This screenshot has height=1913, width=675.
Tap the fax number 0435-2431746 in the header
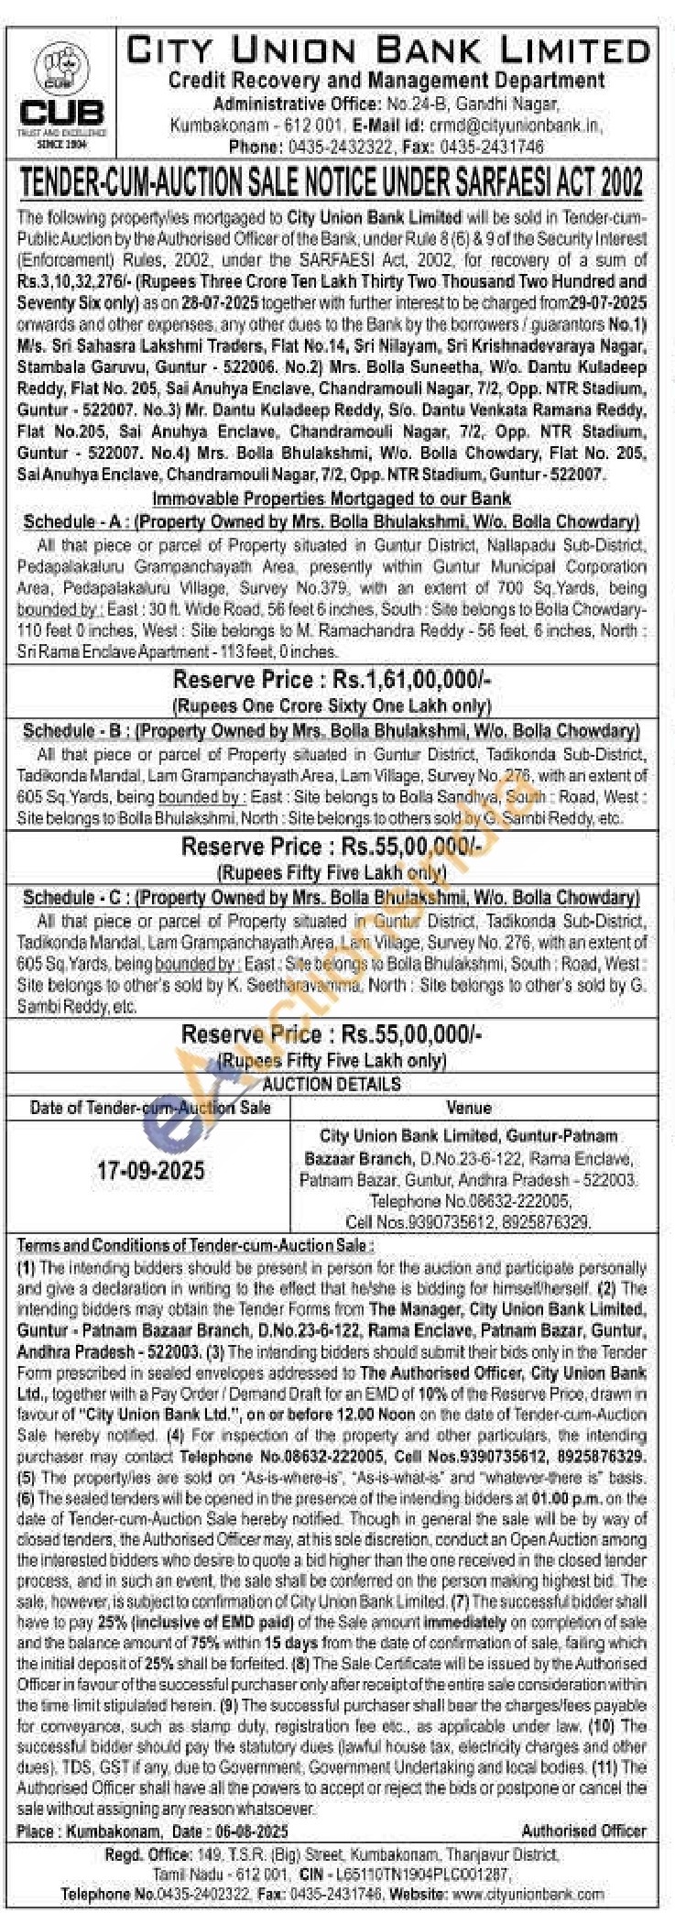click(492, 147)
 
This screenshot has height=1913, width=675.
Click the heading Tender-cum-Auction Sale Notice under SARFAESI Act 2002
click(332, 183)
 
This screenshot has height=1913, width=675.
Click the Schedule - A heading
click(331, 522)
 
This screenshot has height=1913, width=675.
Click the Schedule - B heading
click(331, 731)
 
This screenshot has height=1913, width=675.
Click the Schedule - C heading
click(331, 898)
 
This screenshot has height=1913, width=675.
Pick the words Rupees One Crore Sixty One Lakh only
click(332, 705)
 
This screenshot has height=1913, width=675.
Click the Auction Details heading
click(332, 1084)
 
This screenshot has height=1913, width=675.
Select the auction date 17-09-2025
click(151, 1171)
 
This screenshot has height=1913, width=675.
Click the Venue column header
click(468, 1108)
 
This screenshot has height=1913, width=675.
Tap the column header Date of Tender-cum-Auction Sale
click(150, 1108)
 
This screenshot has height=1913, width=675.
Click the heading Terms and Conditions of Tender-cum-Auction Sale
click(195, 1246)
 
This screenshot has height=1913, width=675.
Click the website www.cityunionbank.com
click(528, 1894)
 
